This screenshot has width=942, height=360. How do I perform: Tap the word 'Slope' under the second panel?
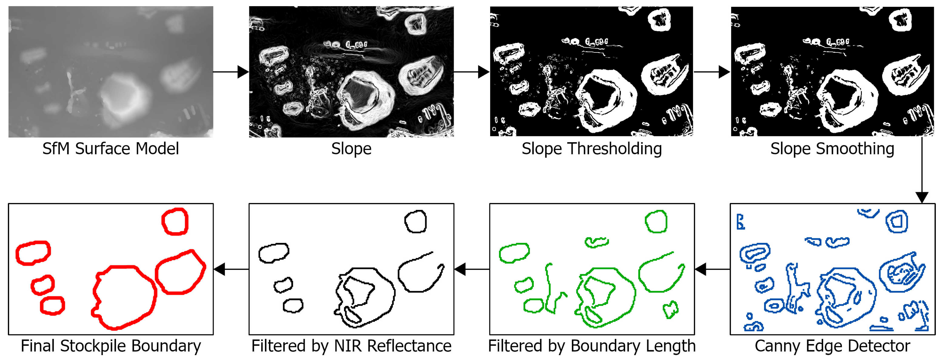351,149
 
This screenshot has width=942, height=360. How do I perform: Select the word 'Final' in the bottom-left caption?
38,346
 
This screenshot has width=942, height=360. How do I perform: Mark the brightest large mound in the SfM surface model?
123,97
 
